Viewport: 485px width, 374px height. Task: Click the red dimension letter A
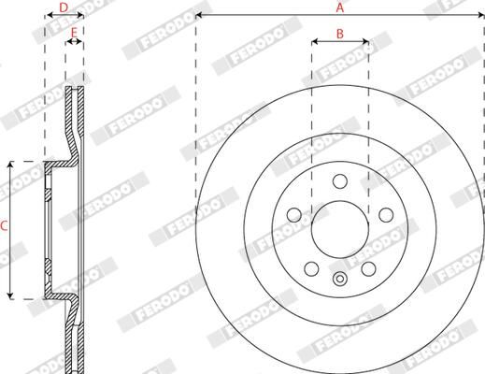(x=340, y=7)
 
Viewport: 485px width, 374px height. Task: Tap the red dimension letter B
(x=340, y=34)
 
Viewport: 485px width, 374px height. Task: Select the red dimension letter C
(x=4, y=226)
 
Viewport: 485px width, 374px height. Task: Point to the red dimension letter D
(x=64, y=7)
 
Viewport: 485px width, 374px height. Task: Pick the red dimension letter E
(x=74, y=33)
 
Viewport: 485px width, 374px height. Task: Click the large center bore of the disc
(x=340, y=229)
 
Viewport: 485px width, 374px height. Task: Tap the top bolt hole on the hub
(x=340, y=181)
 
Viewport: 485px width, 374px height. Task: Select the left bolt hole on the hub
(x=294, y=215)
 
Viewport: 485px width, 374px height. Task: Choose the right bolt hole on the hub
(x=386, y=215)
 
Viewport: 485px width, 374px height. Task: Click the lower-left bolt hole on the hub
(x=311, y=268)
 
